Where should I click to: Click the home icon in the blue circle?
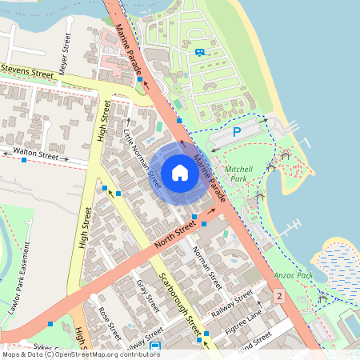180,173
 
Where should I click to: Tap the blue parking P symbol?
237,133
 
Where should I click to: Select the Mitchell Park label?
239,174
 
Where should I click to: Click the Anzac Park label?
294,274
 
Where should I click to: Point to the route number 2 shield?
279,297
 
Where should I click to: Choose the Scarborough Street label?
179,292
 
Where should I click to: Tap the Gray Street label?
143,294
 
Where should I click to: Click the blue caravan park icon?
199,53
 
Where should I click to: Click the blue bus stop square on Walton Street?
25,160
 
